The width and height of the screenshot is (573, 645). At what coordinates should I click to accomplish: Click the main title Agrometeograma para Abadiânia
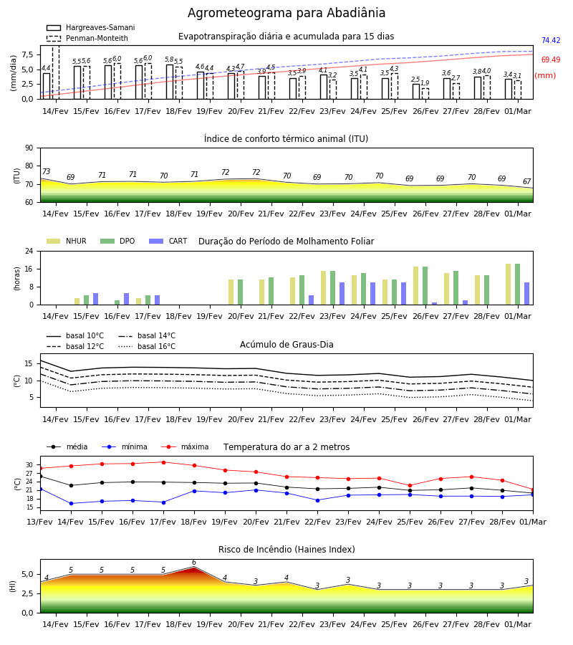[286, 13]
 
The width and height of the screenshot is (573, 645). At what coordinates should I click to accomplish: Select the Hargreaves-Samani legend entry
[90, 27]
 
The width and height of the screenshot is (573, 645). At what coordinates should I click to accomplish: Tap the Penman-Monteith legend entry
[87, 38]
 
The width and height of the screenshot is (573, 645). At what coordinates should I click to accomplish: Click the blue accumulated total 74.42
[551, 40]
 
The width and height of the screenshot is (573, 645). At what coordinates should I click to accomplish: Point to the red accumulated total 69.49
[551, 59]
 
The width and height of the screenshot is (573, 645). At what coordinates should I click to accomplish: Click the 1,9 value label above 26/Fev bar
[425, 83]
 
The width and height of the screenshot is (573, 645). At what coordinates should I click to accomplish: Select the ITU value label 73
[46, 171]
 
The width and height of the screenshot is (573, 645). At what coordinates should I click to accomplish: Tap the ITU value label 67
[527, 181]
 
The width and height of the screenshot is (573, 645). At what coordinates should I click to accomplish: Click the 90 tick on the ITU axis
[29, 148]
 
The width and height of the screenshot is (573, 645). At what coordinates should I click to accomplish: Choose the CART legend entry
[168, 241]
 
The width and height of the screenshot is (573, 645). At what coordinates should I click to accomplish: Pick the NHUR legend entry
[67, 241]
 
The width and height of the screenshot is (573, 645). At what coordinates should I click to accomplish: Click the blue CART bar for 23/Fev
[342, 294]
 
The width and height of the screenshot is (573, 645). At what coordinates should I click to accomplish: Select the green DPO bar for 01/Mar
[518, 285]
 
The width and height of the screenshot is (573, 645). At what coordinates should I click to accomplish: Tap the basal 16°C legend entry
[147, 346]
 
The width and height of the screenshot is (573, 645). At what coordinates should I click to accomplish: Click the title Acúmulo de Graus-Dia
[286, 344]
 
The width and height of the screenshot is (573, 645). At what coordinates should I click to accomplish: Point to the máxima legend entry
[185, 446]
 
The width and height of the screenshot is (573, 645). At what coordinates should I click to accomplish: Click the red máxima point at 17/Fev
[163, 462]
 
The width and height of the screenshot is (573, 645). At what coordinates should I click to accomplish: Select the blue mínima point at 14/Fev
[71, 504]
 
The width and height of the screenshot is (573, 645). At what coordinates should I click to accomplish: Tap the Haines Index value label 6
[194, 563]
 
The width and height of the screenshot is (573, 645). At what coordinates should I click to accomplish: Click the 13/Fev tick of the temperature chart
[40, 522]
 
